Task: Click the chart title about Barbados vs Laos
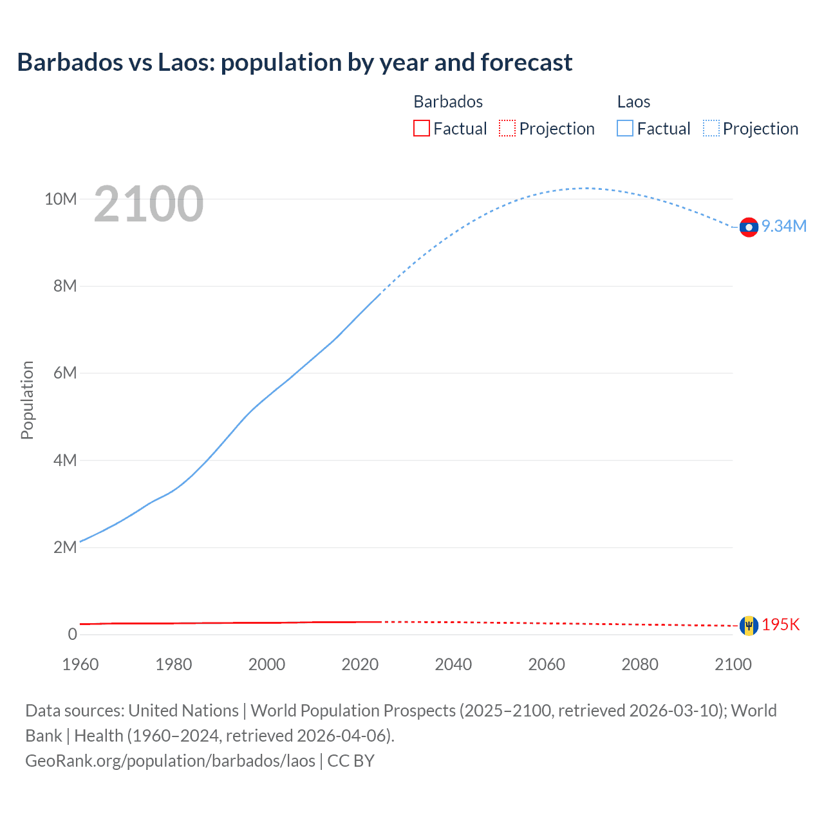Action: click(294, 62)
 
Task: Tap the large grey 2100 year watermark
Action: click(149, 204)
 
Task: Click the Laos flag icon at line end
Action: click(749, 227)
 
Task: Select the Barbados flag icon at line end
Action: click(749, 625)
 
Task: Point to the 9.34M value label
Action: click(784, 226)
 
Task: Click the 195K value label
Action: click(781, 625)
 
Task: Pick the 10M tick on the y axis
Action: click(61, 199)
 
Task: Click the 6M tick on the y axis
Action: click(65, 373)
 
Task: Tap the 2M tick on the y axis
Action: click(65, 547)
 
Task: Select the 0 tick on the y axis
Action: click(72, 634)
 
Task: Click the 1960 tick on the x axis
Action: click(80, 664)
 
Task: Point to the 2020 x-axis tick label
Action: click(360, 664)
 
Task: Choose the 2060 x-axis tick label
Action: click(547, 664)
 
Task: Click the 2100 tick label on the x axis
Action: click(733, 664)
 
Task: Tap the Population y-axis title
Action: click(27, 400)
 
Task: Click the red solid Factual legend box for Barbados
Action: click(422, 129)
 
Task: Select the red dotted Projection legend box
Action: click(507, 129)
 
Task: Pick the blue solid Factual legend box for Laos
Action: click(625, 129)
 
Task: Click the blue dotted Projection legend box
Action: click(711, 129)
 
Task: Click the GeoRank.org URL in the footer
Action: click(170, 761)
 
